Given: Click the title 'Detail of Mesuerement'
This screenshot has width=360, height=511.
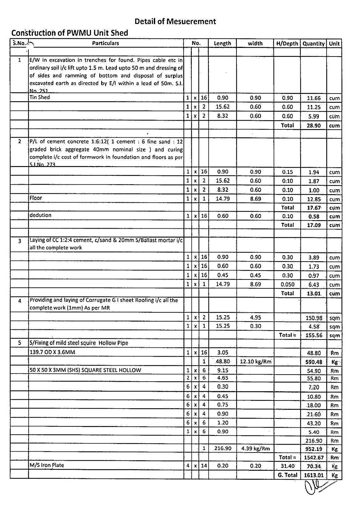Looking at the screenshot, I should click(x=175, y=21).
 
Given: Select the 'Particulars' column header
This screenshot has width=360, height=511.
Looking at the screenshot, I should click(x=105, y=43).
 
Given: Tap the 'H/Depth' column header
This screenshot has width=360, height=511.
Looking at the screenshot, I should click(x=287, y=43).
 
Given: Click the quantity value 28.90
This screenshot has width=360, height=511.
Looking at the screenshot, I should click(x=313, y=126).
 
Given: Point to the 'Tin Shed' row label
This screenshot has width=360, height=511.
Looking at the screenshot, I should click(x=40, y=97).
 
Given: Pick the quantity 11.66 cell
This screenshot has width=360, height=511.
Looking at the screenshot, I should click(x=313, y=98).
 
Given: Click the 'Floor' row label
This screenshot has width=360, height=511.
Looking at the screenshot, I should click(x=36, y=198).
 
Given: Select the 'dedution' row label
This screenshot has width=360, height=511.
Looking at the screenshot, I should click(x=40, y=215).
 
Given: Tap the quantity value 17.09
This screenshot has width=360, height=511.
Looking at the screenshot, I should click(x=313, y=225).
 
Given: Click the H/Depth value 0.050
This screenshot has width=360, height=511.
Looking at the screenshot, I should click(x=287, y=285).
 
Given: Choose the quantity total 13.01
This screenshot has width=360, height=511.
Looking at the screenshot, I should click(x=313, y=294).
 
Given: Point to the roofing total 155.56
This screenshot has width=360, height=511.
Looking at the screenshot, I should click(x=313, y=335).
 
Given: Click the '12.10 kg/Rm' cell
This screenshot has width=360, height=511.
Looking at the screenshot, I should click(x=255, y=362).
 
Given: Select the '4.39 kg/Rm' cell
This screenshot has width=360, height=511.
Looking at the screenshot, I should click(x=255, y=448).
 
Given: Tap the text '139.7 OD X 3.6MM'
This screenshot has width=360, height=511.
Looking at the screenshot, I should click(x=52, y=352).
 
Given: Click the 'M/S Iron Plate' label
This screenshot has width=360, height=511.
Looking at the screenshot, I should click(x=47, y=465).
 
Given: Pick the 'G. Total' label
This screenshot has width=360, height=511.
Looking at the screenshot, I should click(x=287, y=475).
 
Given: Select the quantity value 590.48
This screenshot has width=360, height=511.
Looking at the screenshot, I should click(x=313, y=362).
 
